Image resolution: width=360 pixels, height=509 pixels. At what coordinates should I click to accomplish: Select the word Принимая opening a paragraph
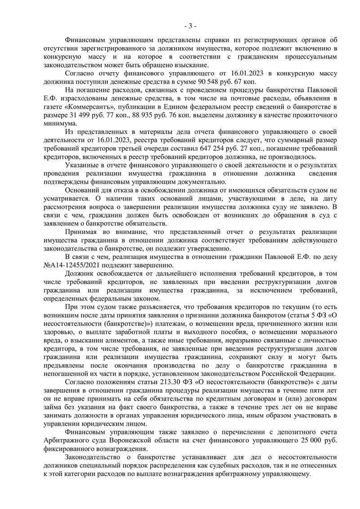click(x=82, y=232)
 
